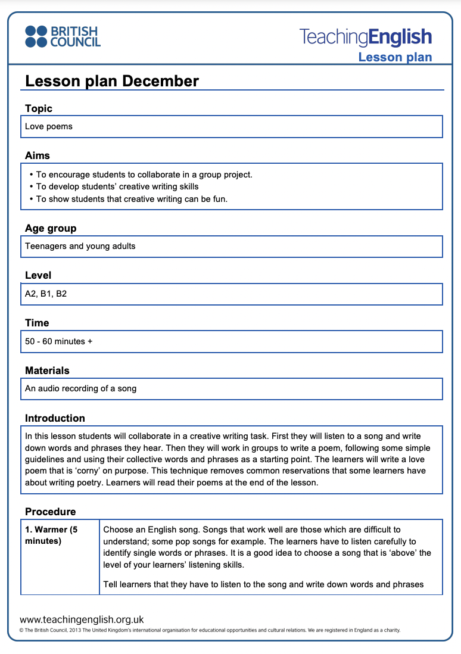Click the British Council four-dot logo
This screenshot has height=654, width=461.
pos(36,36)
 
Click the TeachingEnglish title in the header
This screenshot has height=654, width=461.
pos(365,37)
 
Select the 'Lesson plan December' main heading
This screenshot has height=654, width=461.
pos(112,81)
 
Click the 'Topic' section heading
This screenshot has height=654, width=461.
pos(39,108)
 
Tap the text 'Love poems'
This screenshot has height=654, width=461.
pos(49,126)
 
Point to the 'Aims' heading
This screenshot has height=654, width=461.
pos(38,155)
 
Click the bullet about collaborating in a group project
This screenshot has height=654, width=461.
pos(144,175)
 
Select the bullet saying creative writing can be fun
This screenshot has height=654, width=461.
pos(132,199)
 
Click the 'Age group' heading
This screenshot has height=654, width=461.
pos(51,228)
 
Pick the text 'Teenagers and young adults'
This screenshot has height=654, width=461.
pos(80,246)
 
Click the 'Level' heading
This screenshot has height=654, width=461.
pos(38,275)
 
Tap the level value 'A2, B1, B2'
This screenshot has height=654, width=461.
pos(46,294)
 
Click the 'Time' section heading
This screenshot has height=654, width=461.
pos(37,323)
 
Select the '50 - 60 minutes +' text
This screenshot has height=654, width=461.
pos(59,341)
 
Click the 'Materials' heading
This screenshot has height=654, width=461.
pos(47,370)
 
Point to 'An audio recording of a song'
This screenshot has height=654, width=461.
pos(81,388)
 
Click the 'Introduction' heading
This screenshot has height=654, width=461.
pos(55,418)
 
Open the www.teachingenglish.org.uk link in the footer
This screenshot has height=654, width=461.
pos(82,619)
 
